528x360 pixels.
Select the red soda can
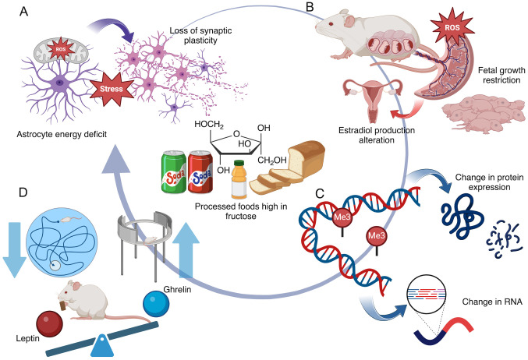pyautogui.click(x=200, y=153)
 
